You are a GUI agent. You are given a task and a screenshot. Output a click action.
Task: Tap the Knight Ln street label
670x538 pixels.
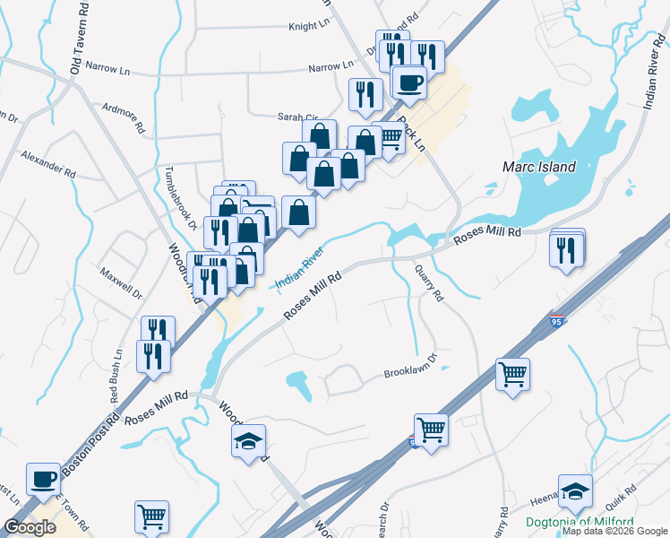pyautogui.click(x=309, y=27)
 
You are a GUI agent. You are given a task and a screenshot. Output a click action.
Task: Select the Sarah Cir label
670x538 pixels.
pyautogui.click(x=297, y=117)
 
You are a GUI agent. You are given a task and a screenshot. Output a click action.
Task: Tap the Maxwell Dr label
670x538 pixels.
pyautogui.click(x=121, y=281)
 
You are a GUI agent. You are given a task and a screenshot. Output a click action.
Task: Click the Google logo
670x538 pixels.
pyautogui.click(x=30, y=527)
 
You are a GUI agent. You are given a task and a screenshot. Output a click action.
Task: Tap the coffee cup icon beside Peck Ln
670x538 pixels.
pyautogui.click(x=409, y=82)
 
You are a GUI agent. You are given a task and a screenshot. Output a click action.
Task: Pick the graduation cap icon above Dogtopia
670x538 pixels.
pyautogui.click(x=575, y=490)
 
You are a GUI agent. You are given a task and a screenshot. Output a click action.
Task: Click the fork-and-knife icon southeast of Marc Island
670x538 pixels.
pyautogui.click(x=566, y=250)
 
